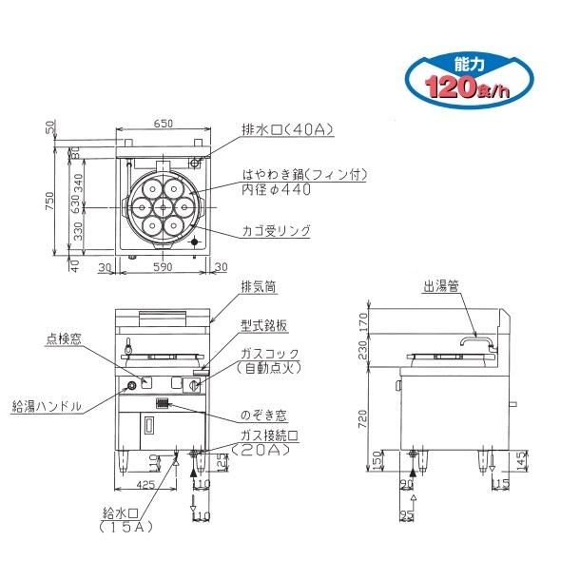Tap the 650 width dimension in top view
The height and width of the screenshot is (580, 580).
pyautogui.click(x=164, y=124)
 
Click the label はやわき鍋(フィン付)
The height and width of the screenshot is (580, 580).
pyautogui.click(x=304, y=174)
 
